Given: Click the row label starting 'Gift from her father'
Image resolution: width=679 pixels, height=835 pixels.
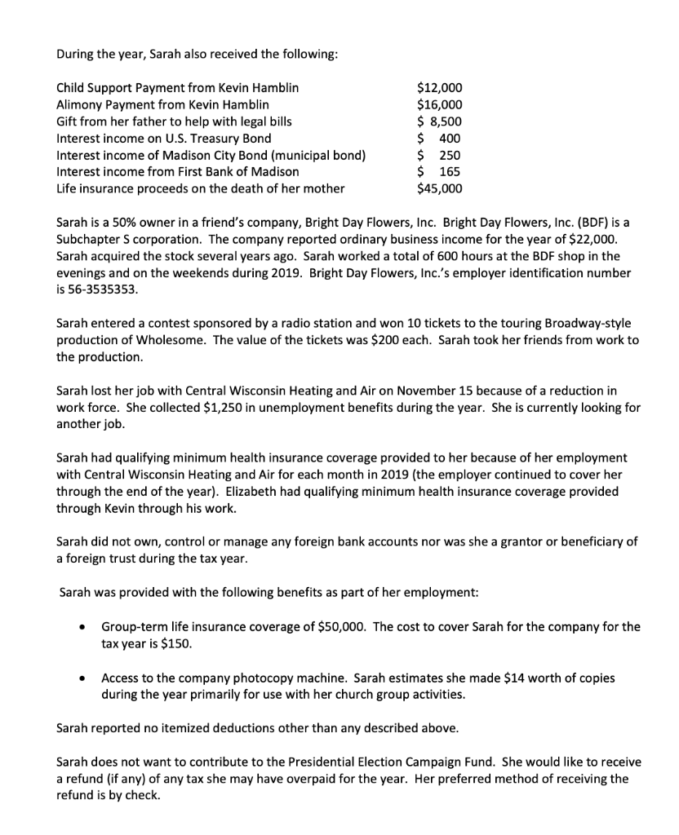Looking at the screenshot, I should [173, 121].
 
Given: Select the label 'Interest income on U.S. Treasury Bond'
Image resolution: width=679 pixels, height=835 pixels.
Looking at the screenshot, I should [163, 138].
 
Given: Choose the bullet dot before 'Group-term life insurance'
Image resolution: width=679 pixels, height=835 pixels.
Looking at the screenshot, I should [84, 627].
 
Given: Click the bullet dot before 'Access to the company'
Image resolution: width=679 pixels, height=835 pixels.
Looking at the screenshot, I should [84, 678].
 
